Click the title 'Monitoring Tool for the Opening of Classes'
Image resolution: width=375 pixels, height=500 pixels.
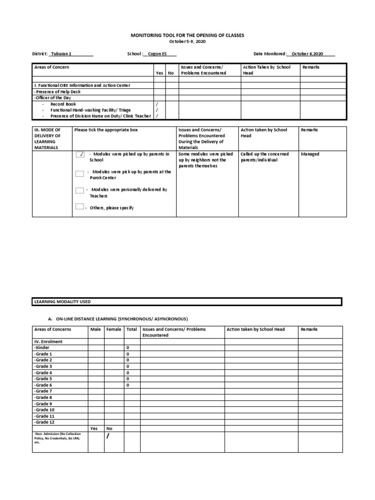click(x=187, y=36)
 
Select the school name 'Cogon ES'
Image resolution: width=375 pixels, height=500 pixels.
click(x=157, y=54)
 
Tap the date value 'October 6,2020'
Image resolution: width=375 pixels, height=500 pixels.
click(x=308, y=54)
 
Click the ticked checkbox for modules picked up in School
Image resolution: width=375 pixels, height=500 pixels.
click(x=80, y=154)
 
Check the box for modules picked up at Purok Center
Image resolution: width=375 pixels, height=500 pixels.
click(x=80, y=174)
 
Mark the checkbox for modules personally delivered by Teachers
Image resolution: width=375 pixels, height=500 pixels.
click(x=80, y=190)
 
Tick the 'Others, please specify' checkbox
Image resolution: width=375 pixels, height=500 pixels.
click(x=80, y=207)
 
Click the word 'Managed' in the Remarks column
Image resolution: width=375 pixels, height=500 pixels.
click(x=310, y=154)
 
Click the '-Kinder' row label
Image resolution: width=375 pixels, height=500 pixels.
click(x=43, y=348)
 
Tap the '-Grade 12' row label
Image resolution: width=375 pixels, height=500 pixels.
click(x=44, y=422)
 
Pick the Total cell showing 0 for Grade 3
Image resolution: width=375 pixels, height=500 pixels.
click(x=127, y=366)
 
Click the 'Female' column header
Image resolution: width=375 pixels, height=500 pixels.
click(x=114, y=330)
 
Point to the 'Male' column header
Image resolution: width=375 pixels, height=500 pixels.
click(x=96, y=330)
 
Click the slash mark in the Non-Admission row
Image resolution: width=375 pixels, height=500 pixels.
click(x=108, y=436)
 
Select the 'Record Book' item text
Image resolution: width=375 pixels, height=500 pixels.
click(x=63, y=104)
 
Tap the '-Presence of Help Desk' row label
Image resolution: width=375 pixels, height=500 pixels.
click(x=58, y=92)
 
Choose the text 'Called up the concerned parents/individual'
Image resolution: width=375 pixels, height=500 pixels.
click(x=265, y=157)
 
